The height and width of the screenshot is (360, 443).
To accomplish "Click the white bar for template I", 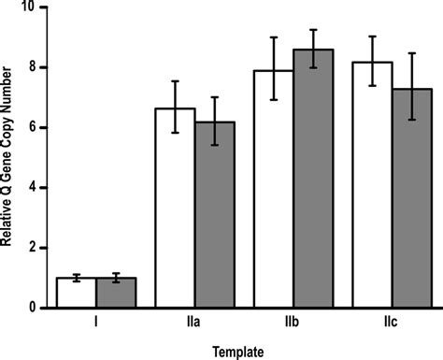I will tap(76, 293).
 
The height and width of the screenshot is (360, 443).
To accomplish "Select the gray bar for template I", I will tap(116, 293).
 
